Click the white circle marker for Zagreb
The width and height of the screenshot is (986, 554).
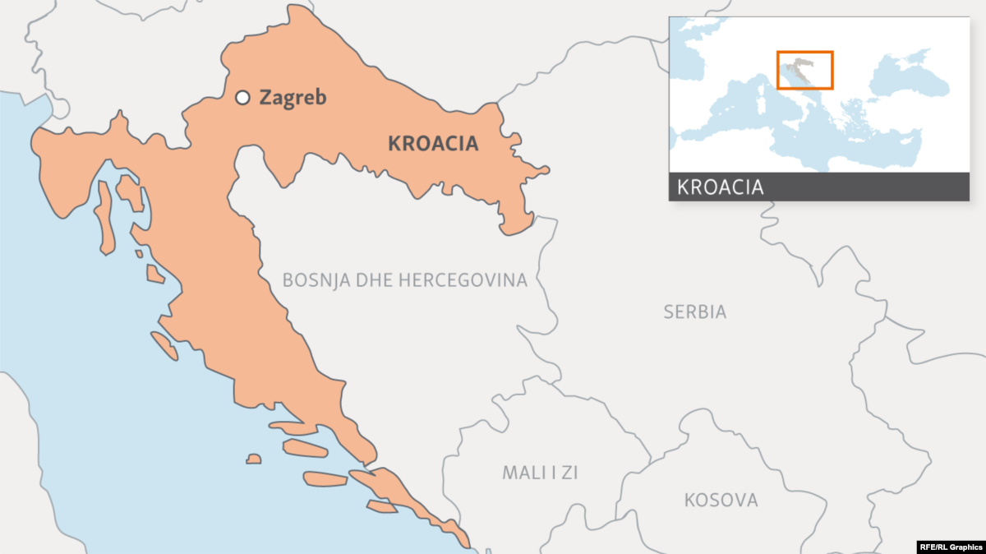click(x=242, y=98)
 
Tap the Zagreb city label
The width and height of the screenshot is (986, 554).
click(x=293, y=98)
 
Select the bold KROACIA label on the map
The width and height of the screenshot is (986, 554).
click(x=432, y=144)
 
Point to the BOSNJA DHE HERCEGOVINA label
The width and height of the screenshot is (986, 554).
click(x=404, y=280)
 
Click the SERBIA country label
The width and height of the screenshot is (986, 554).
click(x=695, y=312)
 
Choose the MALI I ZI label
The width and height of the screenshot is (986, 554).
click(x=540, y=473)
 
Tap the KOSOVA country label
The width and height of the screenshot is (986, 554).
click(x=721, y=500)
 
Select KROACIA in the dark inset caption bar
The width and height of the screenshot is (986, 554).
click(x=721, y=187)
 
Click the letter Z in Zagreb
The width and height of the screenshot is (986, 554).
click(x=265, y=98)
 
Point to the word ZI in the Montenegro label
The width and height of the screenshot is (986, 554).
click(x=569, y=473)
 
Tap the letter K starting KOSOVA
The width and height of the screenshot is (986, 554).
click(x=689, y=500)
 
